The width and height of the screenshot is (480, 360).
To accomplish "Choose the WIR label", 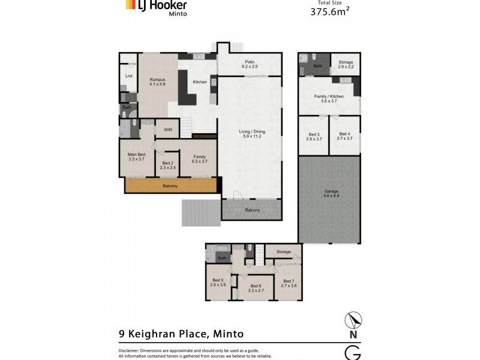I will point(168,128).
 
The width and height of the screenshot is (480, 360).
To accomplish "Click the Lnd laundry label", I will point(128,76).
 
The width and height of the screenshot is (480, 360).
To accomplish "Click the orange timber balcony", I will point(170,185).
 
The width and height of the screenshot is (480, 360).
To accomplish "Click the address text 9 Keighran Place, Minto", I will point(180,334).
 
